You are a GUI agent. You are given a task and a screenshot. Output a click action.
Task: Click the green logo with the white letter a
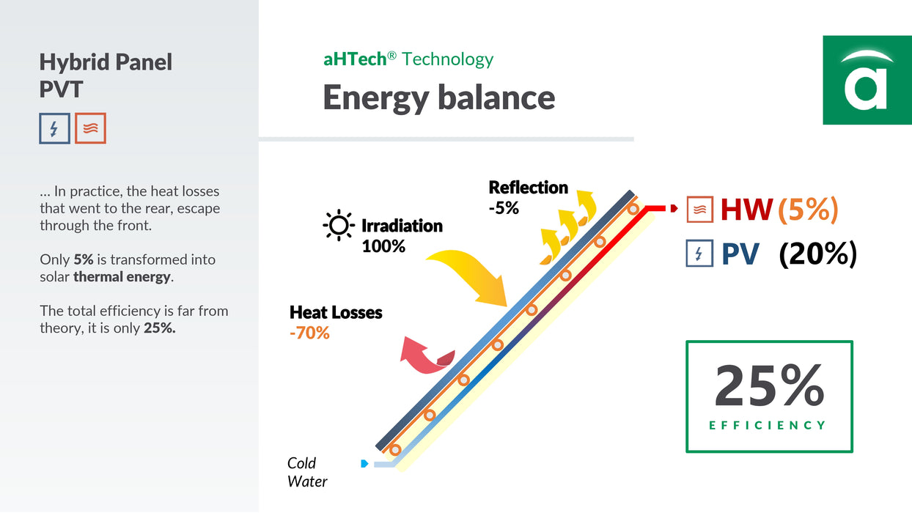click(867, 80)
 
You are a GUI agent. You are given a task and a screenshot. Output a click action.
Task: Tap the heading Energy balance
click(438, 97)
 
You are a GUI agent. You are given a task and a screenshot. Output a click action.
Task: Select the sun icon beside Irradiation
click(339, 226)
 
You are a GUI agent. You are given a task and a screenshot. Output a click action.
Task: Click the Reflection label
click(528, 188)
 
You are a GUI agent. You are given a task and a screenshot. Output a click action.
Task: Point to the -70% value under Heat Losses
click(309, 333)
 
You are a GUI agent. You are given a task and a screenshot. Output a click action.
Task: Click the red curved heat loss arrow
click(426, 355)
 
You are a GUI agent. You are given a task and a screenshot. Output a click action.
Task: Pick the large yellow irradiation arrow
click(469, 274)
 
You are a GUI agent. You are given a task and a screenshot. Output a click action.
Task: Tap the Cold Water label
click(306, 472)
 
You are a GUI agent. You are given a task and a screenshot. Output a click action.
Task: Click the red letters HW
click(746, 210)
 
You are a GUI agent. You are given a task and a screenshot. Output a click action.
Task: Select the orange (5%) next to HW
click(808, 210)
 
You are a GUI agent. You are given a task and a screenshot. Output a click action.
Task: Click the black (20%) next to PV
click(817, 254)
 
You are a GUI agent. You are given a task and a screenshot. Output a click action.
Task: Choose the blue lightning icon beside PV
click(699, 254)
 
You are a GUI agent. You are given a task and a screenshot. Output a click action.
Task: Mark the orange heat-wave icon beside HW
click(699, 210)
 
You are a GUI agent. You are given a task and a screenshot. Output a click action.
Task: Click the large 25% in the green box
click(769, 385)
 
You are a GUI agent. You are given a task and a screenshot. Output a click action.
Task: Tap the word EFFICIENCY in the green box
click(768, 425)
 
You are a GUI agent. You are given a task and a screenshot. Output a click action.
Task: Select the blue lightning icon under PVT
click(54, 128)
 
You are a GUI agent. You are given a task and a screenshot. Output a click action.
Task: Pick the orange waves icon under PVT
click(90, 128)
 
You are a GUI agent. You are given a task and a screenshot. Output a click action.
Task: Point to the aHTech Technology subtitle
click(408, 59)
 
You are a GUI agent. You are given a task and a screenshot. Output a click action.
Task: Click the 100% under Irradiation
click(383, 246)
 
